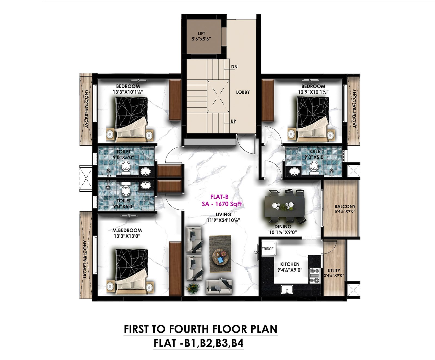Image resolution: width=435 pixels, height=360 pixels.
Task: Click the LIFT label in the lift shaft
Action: point(201,34)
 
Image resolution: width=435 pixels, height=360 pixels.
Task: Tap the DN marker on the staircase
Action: point(234,67)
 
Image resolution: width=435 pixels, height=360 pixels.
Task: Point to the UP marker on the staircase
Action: point(233,121)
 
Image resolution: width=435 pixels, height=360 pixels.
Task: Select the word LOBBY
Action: point(243,92)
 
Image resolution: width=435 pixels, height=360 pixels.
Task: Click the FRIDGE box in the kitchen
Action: point(268,249)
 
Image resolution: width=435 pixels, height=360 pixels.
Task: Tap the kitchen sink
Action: point(287,290)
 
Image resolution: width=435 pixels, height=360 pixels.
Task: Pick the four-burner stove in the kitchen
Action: point(314,276)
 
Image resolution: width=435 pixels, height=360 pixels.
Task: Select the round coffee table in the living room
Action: point(220,257)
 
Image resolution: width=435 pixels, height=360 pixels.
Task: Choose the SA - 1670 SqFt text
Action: point(222,204)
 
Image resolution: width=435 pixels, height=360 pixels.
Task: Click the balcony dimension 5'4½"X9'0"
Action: point(345,211)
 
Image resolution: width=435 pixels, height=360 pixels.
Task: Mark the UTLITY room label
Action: point(334,271)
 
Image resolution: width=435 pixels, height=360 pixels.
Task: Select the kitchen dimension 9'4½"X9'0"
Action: point(290,270)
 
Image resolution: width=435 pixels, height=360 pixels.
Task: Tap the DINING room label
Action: point(283,227)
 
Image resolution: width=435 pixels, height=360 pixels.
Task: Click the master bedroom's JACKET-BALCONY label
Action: point(85,260)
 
